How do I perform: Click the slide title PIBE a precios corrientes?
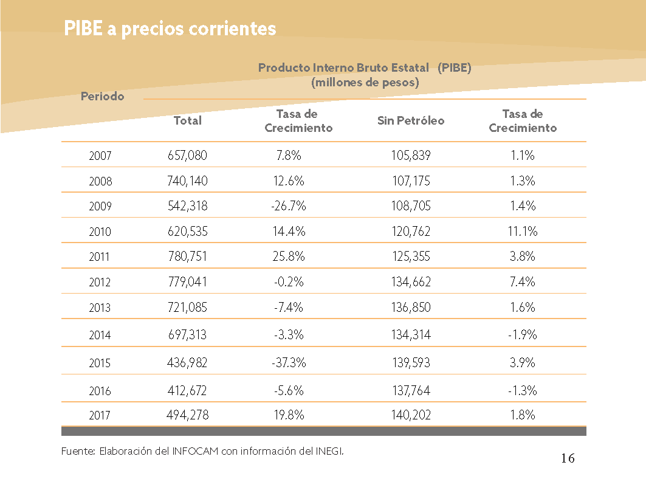pyautogui.click(x=170, y=29)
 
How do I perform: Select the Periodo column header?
pyautogui.click(x=102, y=97)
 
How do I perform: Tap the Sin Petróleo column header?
pyautogui.click(x=411, y=120)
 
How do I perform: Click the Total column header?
pyautogui.click(x=187, y=120)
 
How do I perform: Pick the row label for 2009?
pyautogui.click(x=100, y=205)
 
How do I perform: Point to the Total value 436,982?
pyautogui.click(x=187, y=363)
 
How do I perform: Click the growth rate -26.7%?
pyautogui.click(x=289, y=205)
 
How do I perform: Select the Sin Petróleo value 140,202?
pyautogui.click(x=411, y=415)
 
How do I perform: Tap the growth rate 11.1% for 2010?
pyautogui.click(x=523, y=231)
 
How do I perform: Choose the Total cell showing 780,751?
pyautogui.click(x=187, y=257)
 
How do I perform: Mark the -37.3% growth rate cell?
pyautogui.click(x=289, y=363)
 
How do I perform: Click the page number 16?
pyautogui.click(x=568, y=458)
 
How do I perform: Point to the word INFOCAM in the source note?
pyautogui.click(x=195, y=452)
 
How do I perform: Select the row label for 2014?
pyautogui.click(x=100, y=335)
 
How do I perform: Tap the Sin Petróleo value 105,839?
pyautogui.click(x=411, y=156)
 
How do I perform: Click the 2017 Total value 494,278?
pyautogui.click(x=187, y=415)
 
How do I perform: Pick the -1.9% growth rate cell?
pyautogui.click(x=523, y=335)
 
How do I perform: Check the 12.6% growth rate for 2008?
pyautogui.click(x=289, y=181)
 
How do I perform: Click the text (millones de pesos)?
pyautogui.click(x=365, y=83)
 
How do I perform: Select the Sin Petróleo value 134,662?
pyautogui.click(x=411, y=282)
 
